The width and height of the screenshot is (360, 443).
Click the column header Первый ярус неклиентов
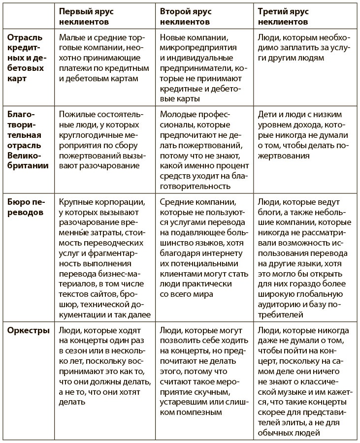point(94,17)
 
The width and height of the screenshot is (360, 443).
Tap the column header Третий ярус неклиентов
point(290,17)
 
